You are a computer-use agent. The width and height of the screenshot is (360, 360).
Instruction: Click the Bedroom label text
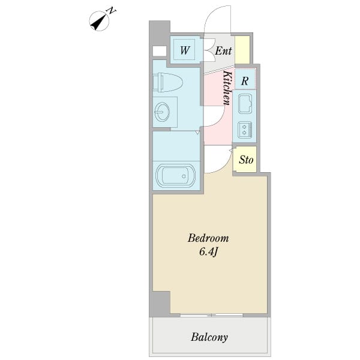pos(208,238)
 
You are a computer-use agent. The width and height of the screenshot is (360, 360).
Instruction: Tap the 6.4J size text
pos(208,252)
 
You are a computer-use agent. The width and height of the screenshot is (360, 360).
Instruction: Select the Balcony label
pos(209,337)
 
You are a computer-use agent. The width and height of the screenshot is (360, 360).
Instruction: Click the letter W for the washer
pos(185,50)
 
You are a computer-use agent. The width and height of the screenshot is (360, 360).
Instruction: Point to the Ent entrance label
pos(223,51)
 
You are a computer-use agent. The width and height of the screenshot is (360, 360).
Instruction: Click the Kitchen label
pos(227,88)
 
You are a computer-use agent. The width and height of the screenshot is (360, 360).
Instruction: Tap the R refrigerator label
pos(245,81)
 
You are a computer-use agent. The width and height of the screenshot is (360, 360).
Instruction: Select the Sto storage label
pos(246,160)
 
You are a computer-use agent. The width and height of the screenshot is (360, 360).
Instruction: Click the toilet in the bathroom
pos(168,82)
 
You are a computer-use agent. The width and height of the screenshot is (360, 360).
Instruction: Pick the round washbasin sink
pos(163,112)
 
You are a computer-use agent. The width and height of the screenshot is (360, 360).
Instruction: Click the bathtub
pos(176,176)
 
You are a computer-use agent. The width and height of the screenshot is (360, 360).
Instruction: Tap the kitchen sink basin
pos(245,104)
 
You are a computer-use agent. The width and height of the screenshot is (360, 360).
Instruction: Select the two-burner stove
pos(245,130)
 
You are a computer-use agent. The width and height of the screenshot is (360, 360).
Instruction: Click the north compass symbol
pos(99,21)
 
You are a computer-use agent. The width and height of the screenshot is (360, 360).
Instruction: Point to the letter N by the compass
pos(112,11)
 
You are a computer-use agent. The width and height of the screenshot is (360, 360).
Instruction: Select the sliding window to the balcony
pos(211,315)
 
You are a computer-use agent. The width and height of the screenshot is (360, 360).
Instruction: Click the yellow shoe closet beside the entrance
pos(242,50)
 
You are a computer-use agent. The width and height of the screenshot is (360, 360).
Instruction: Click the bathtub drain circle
pos(184,176)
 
